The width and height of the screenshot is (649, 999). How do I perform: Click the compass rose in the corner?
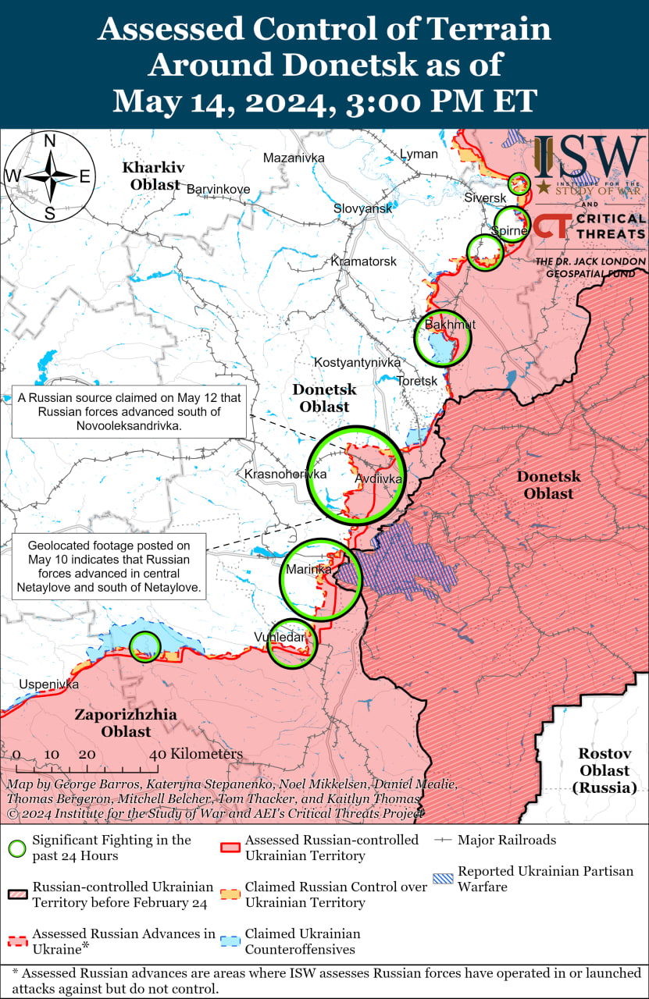pos(49,176)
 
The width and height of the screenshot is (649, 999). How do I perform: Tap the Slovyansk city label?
pos(362,209)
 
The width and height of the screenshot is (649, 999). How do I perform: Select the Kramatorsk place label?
pos(363,261)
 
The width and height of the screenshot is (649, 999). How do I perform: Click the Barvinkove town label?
pos(218,189)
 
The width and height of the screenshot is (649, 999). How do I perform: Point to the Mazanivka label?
pos(293,158)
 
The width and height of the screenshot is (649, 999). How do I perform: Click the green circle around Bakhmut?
pos(442,337)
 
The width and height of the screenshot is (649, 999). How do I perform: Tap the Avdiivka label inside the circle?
pos(379,479)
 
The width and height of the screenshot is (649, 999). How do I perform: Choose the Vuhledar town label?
pos(279,638)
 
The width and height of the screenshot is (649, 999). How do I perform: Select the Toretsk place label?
pos(417,380)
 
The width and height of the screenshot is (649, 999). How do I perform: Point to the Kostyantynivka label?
pos(357,362)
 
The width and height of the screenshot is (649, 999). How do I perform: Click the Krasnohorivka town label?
pos(285,474)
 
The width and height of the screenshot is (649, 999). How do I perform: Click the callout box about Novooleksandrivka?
pos(129,412)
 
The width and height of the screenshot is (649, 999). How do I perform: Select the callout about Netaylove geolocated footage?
pos(109,567)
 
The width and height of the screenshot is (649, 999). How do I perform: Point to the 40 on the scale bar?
pos(157,755)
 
